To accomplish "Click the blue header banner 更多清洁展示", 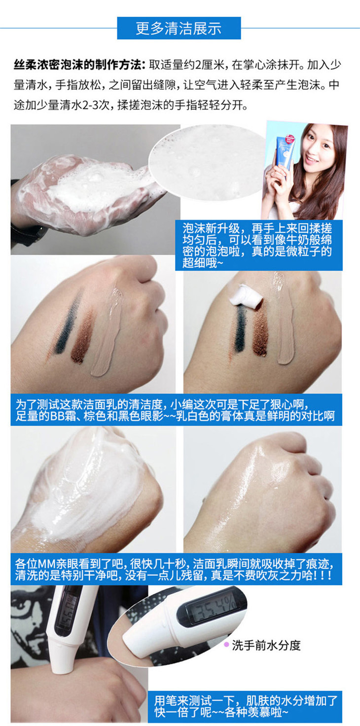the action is point(179,28).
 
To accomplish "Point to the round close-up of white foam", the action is point(208,162).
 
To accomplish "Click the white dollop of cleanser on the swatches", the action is point(245,294).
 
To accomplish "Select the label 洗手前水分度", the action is point(266,652).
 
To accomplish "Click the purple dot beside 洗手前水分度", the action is point(226,652).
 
